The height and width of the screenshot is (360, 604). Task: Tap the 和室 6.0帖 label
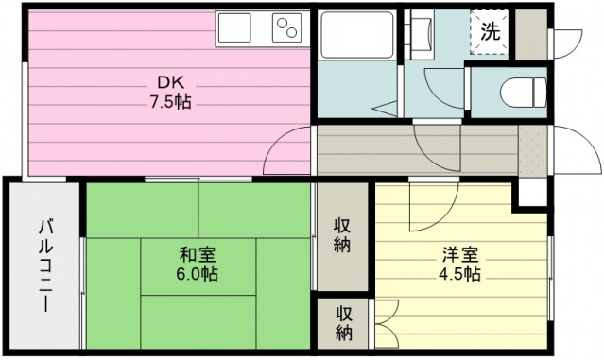[x=198, y=263]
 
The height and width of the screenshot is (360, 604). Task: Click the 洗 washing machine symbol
[x=490, y=31]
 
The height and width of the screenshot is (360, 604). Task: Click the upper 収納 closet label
[x=341, y=235]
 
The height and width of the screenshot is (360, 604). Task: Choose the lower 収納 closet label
[x=341, y=323]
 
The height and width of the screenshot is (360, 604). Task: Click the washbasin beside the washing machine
[x=422, y=36]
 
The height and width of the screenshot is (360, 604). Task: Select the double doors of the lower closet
[x=388, y=323]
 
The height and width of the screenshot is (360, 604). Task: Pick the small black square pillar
[x=528, y=196]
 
